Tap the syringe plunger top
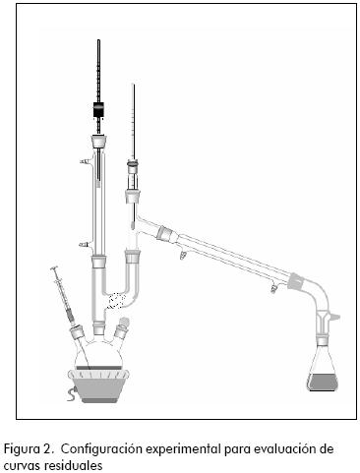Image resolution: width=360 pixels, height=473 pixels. pos(54,268)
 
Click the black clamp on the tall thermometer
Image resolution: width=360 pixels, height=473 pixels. pos(98,109)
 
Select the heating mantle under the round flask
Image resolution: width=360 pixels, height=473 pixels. pos(98,385)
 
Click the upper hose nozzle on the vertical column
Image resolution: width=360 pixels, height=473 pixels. pos(86,161)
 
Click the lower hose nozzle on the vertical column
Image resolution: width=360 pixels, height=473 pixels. pos(86,245)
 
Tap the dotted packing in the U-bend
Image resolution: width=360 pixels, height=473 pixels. pos(116,301)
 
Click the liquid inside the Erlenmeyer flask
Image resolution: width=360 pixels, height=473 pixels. pos(323,382)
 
